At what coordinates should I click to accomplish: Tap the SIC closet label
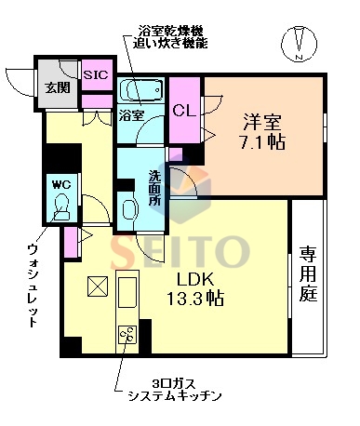pos(96,74)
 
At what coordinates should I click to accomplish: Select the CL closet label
pos(182,110)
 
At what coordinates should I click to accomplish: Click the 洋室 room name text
pos(263,120)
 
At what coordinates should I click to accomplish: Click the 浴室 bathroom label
pos(132,115)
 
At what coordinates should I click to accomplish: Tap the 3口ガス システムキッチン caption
pos(174,390)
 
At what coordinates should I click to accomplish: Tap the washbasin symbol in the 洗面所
pos(128,206)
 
